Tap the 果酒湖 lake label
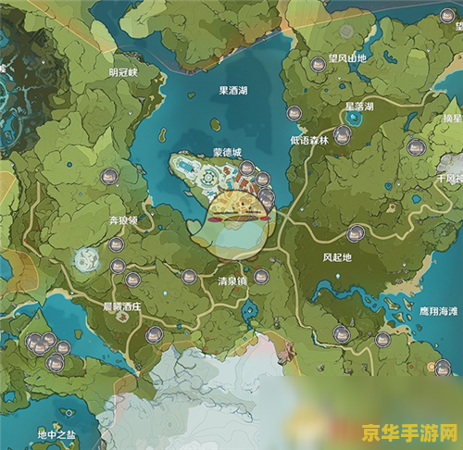click(x=233, y=91)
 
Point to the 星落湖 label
click(x=359, y=106)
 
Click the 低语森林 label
click(x=309, y=141)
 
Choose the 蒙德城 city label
click(x=226, y=151)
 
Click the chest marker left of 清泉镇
click(x=189, y=276)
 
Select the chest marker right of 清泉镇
click(x=263, y=276)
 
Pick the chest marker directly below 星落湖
click(x=343, y=135)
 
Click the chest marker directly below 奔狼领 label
click(x=117, y=244)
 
